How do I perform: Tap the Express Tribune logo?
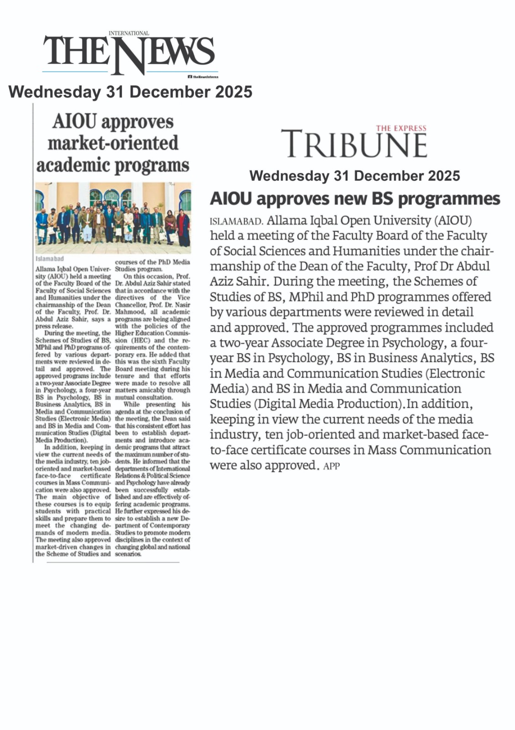point(354,143)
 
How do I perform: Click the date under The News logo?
point(130,92)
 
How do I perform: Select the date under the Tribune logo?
point(354,176)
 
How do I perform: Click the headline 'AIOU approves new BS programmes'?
point(354,199)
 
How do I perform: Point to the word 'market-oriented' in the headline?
point(113,143)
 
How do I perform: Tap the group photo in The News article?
point(113,217)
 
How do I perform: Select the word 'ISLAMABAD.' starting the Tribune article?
point(236,222)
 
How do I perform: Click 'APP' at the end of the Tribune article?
point(332,466)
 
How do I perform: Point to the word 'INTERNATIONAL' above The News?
point(129,33)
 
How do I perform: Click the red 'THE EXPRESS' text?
point(401,128)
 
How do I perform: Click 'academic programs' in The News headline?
point(113,165)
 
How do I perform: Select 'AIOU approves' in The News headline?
point(113,122)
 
